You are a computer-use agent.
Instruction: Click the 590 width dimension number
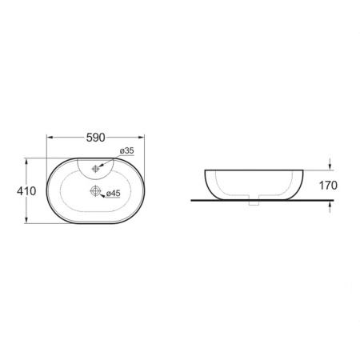pos(96,138)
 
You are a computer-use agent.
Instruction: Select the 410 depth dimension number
pos(26,191)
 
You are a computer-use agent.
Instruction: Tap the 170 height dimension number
pos(328,186)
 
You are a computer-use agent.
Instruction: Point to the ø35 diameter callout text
pos(127,150)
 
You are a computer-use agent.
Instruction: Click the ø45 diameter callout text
pos(114,193)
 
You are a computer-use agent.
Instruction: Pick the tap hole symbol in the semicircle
pos(95,169)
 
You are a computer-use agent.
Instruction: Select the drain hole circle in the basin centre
pos(95,191)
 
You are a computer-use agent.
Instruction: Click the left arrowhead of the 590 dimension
pos(50,138)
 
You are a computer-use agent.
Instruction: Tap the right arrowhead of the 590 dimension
pos(141,138)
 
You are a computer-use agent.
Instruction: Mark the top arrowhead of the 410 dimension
pos(26,162)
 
